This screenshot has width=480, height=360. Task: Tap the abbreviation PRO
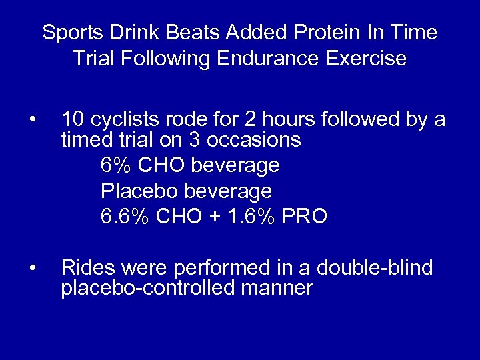pyautogui.click(x=305, y=217)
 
